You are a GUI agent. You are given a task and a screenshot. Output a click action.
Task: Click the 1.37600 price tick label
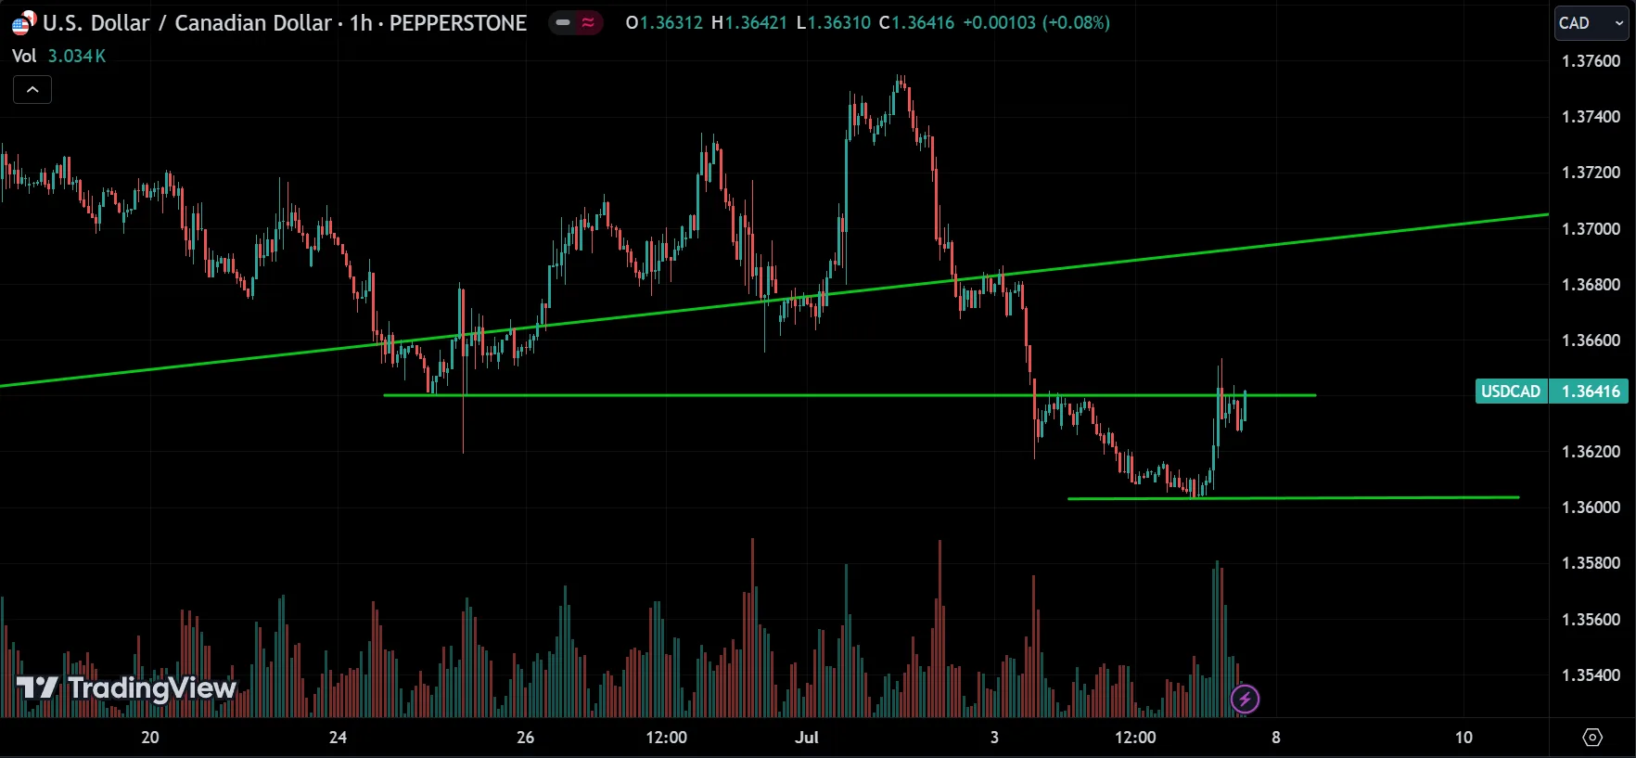pyautogui.click(x=1591, y=61)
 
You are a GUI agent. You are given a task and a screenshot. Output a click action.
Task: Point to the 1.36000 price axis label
pyautogui.click(x=1591, y=507)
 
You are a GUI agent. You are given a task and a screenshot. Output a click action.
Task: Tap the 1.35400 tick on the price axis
pyautogui.click(x=1591, y=675)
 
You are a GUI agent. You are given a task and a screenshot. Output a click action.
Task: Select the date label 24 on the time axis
pyautogui.click(x=338, y=738)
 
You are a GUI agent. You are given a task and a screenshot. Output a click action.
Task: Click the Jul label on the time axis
pyautogui.click(x=807, y=738)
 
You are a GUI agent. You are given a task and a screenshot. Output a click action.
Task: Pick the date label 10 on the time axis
pyautogui.click(x=1463, y=738)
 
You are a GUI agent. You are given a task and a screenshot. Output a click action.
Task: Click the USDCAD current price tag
pyautogui.click(x=1551, y=392)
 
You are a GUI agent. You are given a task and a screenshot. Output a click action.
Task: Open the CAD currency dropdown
pyautogui.click(x=1591, y=23)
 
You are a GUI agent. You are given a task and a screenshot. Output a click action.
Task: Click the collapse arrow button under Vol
pyautogui.click(x=32, y=90)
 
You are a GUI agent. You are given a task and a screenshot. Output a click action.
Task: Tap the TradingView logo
pyautogui.click(x=127, y=688)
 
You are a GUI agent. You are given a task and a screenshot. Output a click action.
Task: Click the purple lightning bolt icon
pyautogui.click(x=1245, y=699)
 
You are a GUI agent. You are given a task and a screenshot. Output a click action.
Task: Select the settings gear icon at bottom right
pyautogui.click(x=1592, y=738)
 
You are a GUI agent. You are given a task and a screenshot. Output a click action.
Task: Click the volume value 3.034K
pyautogui.click(x=77, y=57)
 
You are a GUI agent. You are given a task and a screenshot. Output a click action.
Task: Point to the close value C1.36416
pyautogui.click(x=916, y=23)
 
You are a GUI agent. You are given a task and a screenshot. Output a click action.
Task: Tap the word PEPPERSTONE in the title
pyautogui.click(x=458, y=23)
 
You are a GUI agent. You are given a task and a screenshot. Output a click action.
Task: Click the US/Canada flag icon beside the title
pyautogui.click(x=23, y=23)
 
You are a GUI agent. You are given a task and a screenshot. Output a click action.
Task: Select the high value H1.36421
pyautogui.click(x=749, y=23)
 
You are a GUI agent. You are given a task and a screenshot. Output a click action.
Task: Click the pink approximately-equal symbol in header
pyautogui.click(x=588, y=23)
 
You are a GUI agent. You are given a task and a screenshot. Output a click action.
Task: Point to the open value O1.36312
pyautogui.click(x=664, y=23)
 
